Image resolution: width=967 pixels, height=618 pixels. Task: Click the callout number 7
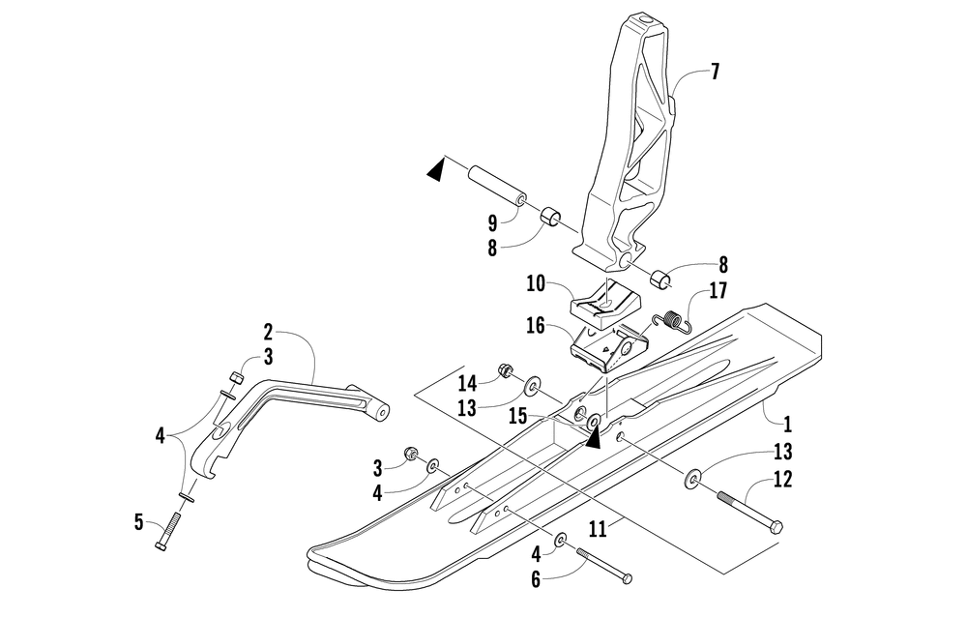tap(715, 72)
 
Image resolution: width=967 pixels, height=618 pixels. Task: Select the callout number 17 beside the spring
tap(718, 290)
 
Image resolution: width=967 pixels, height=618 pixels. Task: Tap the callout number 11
tap(598, 529)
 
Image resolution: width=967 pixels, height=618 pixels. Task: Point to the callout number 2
tap(268, 333)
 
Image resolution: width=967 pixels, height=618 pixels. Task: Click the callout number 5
tap(138, 523)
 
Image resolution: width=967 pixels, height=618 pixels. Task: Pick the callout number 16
tap(536, 325)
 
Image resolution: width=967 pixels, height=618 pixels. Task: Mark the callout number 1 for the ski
tap(787, 425)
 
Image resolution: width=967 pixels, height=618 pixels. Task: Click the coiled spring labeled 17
tap(671, 322)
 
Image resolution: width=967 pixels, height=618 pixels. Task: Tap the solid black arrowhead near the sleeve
tap(436, 169)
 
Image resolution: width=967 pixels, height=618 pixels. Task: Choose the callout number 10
tap(536, 284)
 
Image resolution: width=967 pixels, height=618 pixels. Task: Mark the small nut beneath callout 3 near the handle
tap(234, 376)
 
